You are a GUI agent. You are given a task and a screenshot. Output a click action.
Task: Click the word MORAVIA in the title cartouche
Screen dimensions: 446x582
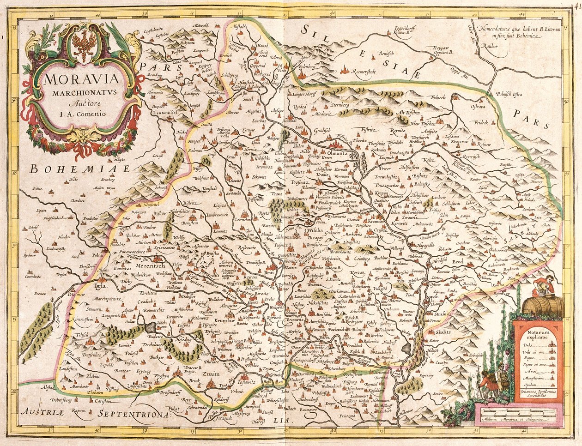point(81,77)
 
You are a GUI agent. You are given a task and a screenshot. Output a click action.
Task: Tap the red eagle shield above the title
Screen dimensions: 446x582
point(85,46)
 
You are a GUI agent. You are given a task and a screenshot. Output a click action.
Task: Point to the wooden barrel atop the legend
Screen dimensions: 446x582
point(542,307)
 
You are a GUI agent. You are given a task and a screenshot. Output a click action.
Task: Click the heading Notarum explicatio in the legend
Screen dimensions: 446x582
point(538,336)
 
